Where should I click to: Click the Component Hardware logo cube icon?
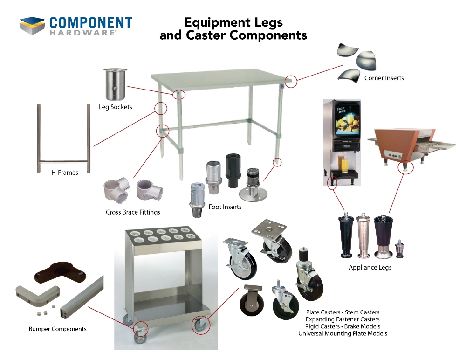(x=32, y=26)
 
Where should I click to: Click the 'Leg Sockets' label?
(x=115, y=107)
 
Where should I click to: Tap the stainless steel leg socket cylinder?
(x=115, y=85)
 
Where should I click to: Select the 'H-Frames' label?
(x=65, y=173)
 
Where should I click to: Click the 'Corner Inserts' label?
(x=384, y=78)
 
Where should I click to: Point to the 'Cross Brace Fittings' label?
(x=133, y=212)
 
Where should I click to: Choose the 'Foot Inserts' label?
(x=225, y=207)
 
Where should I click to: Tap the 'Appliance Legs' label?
(x=370, y=268)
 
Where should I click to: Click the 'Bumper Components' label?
(x=58, y=329)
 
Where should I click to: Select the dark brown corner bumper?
(x=60, y=273)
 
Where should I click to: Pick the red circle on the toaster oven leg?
(x=406, y=167)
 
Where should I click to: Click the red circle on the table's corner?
(x=291, y=81)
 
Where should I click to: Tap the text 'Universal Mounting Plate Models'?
(x=343, y=333)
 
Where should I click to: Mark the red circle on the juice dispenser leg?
(x=332, y=183)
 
